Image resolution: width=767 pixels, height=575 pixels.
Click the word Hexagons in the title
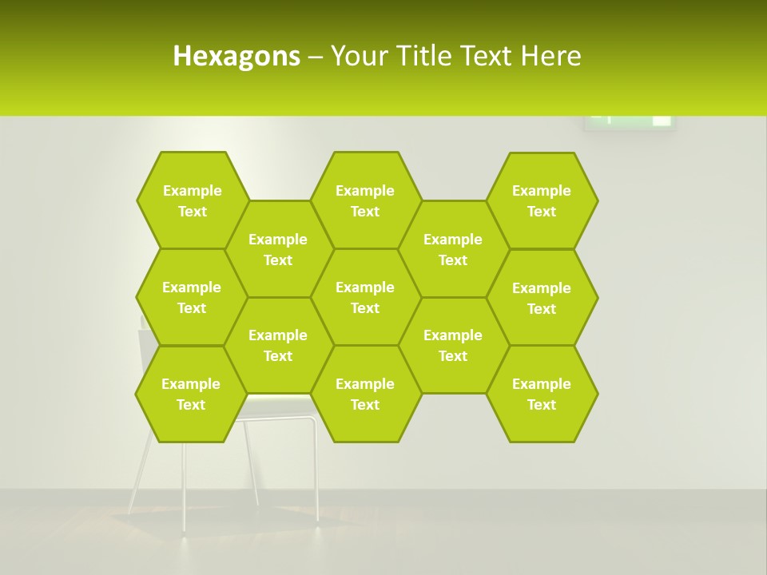point(236,56)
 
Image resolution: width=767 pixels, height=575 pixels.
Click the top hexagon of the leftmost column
point(192,200)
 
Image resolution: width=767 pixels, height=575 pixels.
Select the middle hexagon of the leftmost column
point(192,297)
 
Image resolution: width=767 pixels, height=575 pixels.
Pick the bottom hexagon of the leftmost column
point(191,394)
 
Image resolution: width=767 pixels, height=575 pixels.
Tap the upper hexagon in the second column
point(278,249)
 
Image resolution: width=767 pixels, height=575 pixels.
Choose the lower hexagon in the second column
point(278,345)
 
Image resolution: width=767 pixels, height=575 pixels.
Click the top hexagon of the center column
point(365,200)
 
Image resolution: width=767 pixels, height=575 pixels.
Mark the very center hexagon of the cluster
point(365,297)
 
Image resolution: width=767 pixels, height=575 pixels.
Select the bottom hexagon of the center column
point(365,394)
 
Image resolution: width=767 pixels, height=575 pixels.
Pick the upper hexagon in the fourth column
point(453,249)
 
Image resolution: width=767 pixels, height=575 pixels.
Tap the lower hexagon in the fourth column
point(453,345)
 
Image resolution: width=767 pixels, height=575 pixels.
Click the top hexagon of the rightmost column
point(542,200)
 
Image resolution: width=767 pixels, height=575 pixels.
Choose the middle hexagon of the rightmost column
point(542,298)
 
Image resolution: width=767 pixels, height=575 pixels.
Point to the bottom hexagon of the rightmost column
point(542,394)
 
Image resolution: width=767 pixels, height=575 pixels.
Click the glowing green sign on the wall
point(630,121)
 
